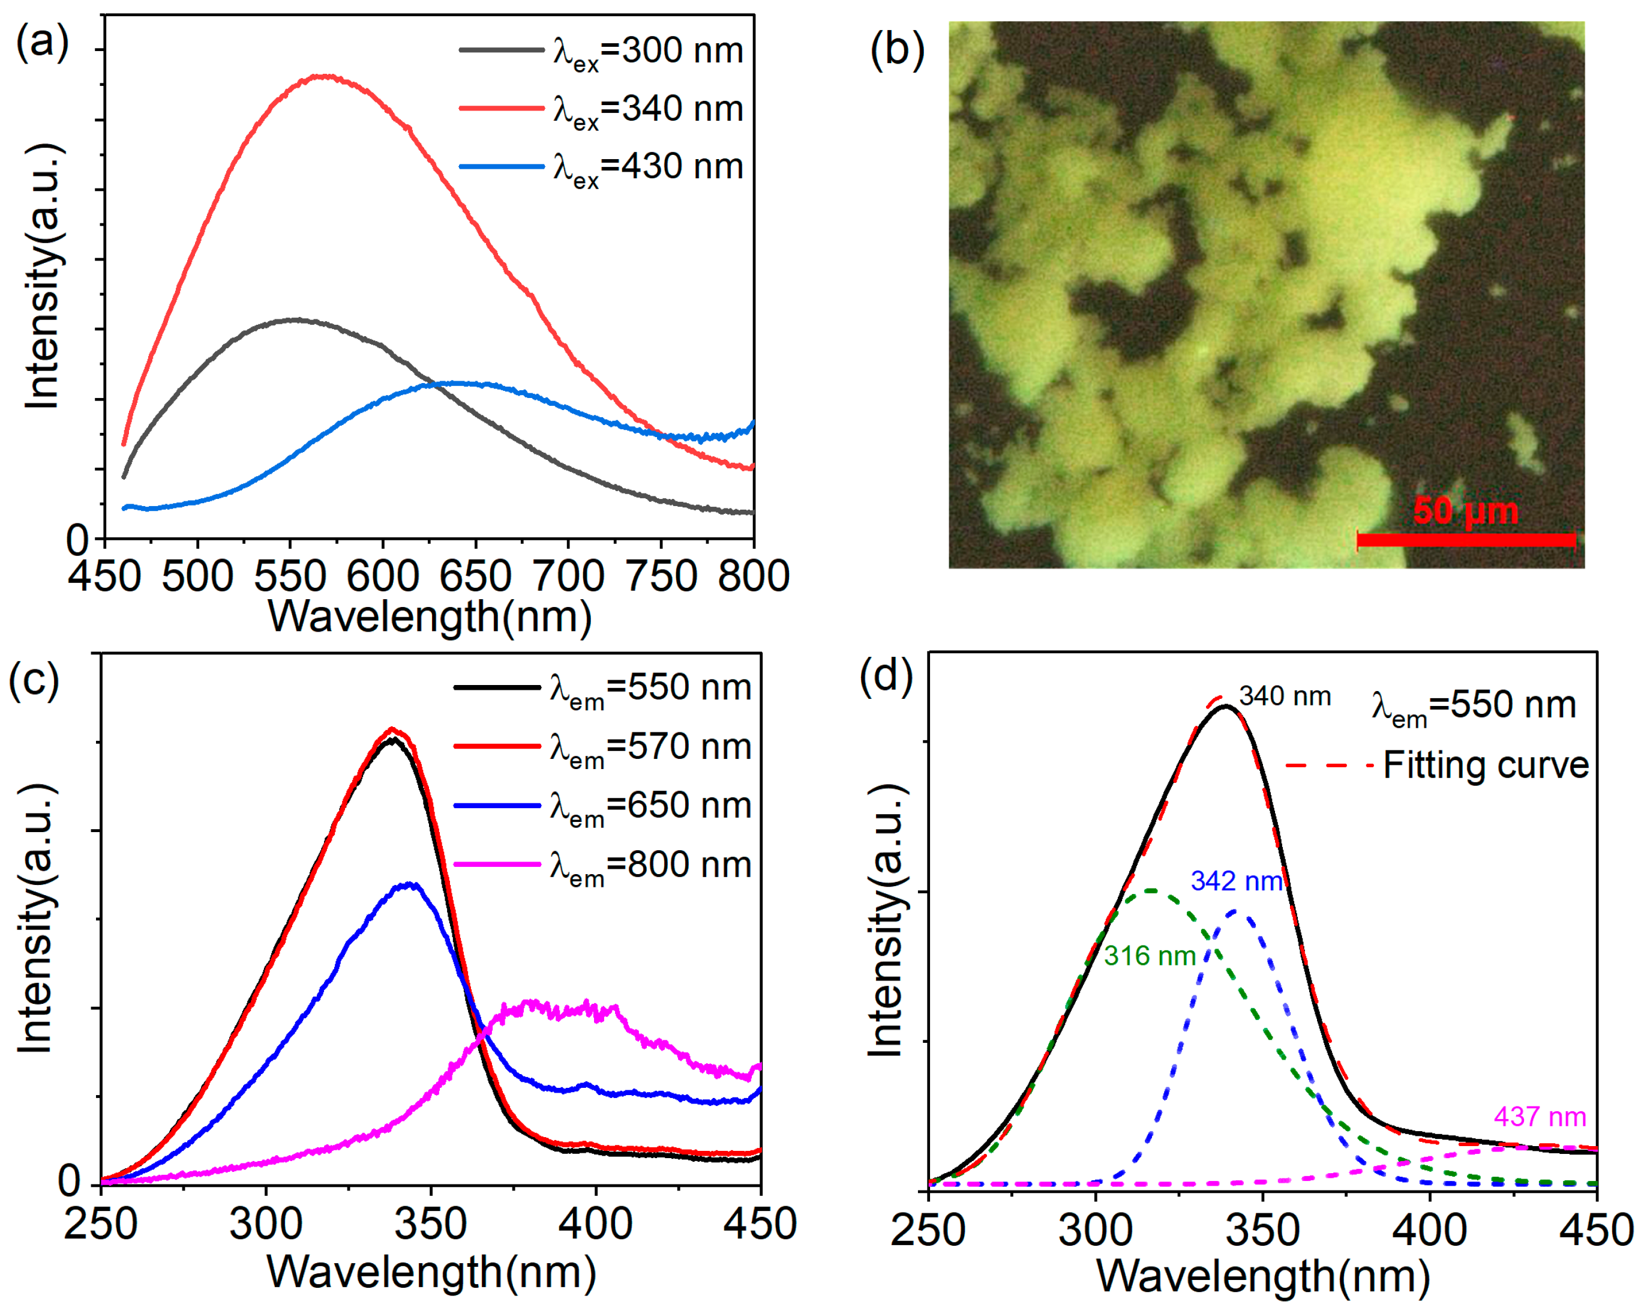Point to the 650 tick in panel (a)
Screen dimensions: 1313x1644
[x=475, y=576]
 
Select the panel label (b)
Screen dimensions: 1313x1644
[x=898, y=50]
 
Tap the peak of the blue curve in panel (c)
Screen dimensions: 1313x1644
[x=412, y=885]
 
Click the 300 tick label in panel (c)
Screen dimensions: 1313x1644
[x=265, y=1224]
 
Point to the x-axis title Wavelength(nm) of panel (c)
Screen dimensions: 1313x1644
[x=431, y=1272]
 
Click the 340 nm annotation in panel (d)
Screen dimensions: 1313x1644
[x=1285, y=696]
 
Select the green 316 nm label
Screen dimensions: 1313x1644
[x=1149, y=955]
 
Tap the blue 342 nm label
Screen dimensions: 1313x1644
[x=1236, y=881]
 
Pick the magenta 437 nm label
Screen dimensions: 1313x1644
[x=1540, y=1117]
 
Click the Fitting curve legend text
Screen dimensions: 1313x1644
[x=1486, y=765]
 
